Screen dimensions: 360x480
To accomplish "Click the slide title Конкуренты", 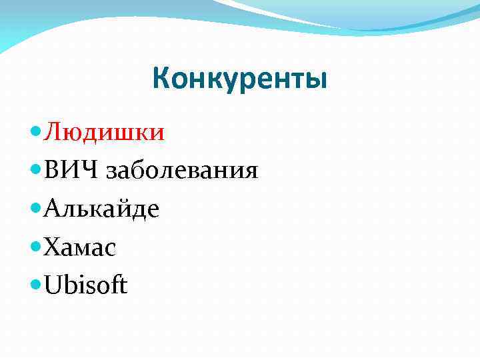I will click(240, 79).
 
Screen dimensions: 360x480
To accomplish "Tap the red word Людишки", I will click(104, 132).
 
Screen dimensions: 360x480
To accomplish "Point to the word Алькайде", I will click(101, 209).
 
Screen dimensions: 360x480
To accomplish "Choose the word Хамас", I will click(80, 248).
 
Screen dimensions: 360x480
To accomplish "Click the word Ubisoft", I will click(85, 285).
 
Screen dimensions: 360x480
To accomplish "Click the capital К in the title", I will click(161, 79).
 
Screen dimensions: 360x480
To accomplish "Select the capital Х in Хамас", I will click(51, 248).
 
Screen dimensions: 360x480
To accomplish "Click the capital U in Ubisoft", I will click(53, 286).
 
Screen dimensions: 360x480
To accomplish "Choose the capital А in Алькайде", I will click(53, 209).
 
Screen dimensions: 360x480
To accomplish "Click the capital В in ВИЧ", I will click(51, 171).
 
